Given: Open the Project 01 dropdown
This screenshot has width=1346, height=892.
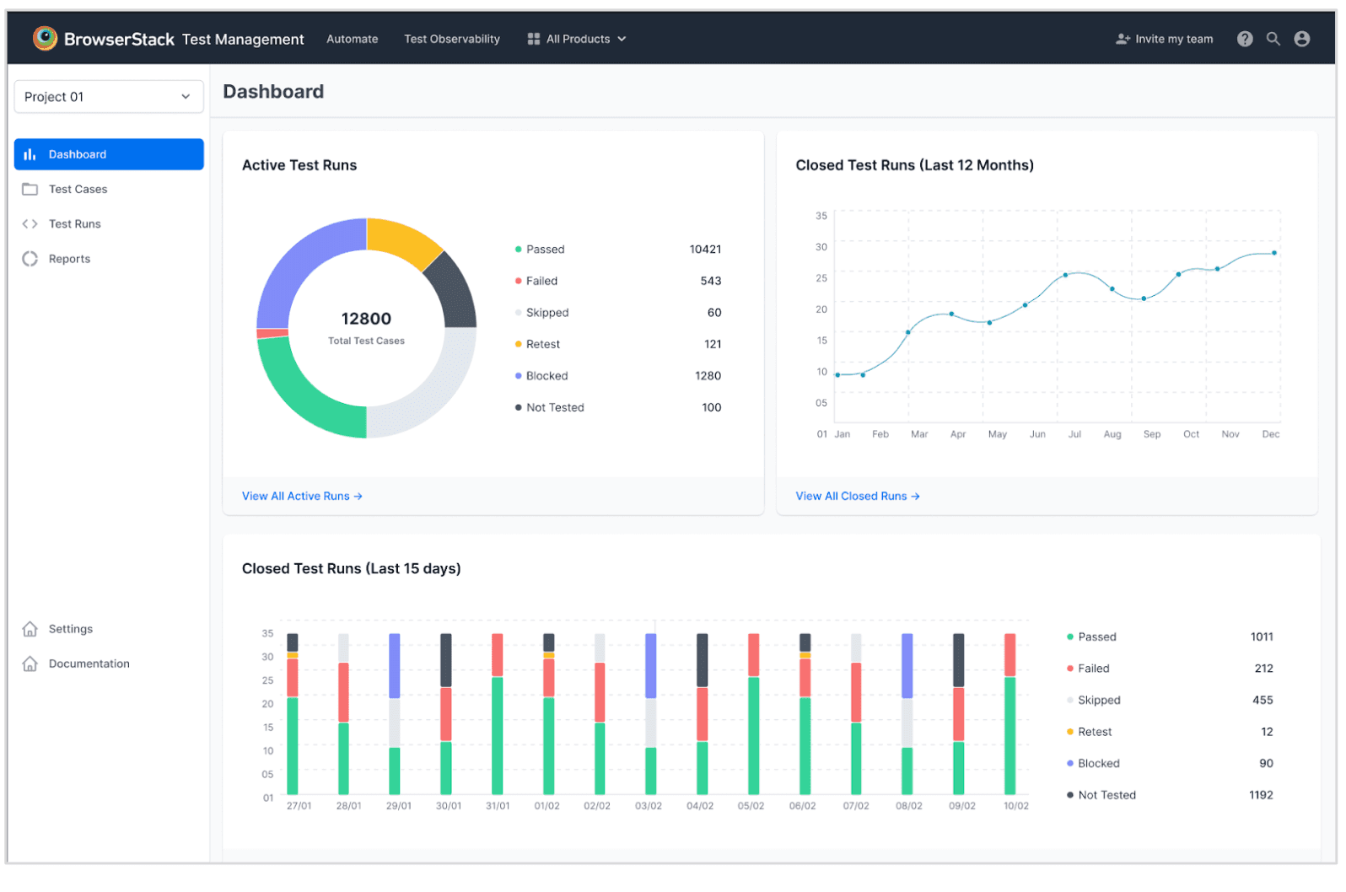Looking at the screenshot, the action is [x=109, y=97].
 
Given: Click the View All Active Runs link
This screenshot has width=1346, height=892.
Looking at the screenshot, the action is [x=302, y=496].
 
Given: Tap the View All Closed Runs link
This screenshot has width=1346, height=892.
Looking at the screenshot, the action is [x=858, y=496].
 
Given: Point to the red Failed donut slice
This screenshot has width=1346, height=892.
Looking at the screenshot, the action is [x=272, y=333].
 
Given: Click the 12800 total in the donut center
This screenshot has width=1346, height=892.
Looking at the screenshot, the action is [x=366, y=319].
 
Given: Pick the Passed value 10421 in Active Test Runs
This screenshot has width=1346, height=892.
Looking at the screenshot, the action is [x=705, y=250].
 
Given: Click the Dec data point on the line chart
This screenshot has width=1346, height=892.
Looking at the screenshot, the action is [x=1273, y=253].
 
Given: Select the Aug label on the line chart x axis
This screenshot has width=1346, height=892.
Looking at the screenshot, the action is [x=1112, y=433].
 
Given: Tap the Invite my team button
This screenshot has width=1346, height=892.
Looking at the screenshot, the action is [x=1164, y=39].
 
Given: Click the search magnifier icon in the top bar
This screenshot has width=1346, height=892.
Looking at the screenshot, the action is [x=1273, y=39].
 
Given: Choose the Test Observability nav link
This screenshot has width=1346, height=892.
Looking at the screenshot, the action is [x=452, y=39].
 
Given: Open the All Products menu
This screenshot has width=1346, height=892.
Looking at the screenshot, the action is [x=577, y=39].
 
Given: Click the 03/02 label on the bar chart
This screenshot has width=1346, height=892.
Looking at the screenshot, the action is [x=649, y=805].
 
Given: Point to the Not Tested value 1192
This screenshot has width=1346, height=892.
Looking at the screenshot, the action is [x=1261, y=795].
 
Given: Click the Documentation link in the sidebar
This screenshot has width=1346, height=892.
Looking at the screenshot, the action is [x=89, y=664].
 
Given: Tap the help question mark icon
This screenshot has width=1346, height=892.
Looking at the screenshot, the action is [x=1245, y=39].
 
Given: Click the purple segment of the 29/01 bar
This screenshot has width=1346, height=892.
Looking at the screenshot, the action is [x=394, y=665].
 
